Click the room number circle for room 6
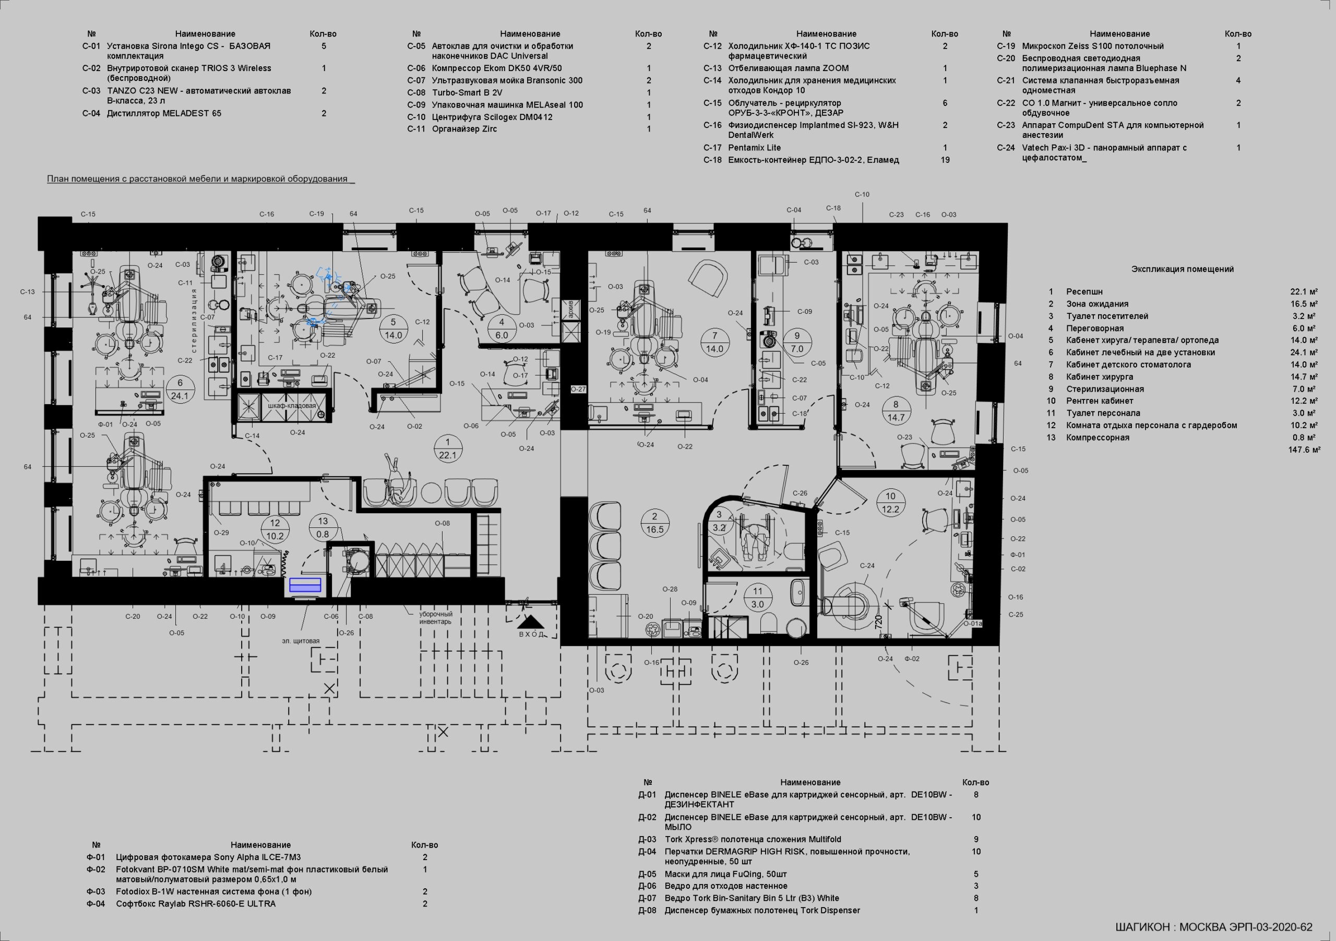[x=180, y=390]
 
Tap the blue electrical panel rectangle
[x=305, y=585]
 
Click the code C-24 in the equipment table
[x=1006, y=148]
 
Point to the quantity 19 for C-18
[x=945, y=160]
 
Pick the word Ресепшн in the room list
[x=1084, y=292]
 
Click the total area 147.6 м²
[x=1304, y=450]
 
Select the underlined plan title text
[x=201, y=179]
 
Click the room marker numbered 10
[x=891, y=503]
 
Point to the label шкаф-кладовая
[x=292, y=406]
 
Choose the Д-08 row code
[x=647, y=910]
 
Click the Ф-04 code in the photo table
[x=96, y=904]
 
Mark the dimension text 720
[x=879, y=622]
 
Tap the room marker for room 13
[x=323, y=527]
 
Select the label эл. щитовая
[x=301, y=641]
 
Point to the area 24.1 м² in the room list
[x=1305, y=352]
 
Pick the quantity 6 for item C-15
[x=945, y=103]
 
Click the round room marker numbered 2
[x=654, y=522]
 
